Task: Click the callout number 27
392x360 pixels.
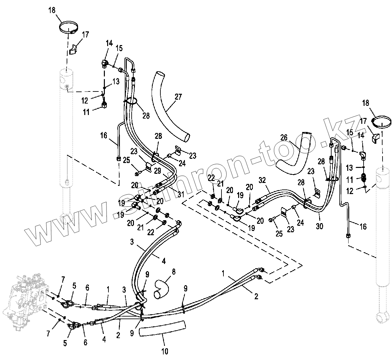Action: (178, 97)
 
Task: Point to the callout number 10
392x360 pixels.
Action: (164, 352)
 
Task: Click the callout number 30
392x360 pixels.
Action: (319, 226)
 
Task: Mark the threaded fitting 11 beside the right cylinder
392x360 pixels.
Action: (365, 178)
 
